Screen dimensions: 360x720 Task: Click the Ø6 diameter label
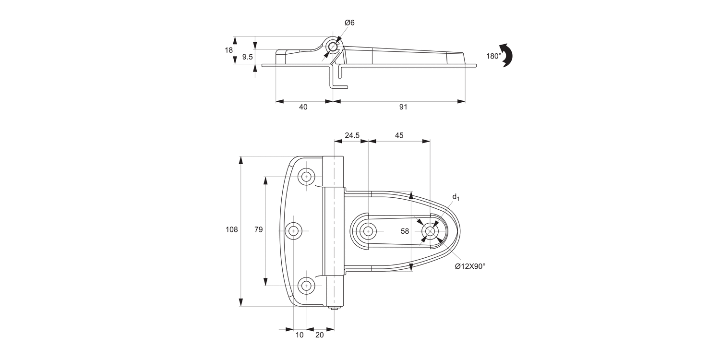(x=349, y=23)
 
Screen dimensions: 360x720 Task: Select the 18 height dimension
(x=229, y=50)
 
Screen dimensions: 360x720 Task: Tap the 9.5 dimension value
(x=247, y=57)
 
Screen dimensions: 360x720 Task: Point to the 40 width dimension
(x=303, y=107)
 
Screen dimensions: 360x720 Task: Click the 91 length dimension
(x=403, y=107)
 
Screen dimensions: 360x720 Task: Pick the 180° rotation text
(x=493, y=56)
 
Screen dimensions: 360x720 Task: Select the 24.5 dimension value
(x=352, y=135)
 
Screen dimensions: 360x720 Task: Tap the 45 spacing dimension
(x=399, y=135)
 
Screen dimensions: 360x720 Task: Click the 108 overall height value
(x=232, y=230)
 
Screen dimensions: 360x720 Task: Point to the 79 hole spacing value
(x=258, y=230)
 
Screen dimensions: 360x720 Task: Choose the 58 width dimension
(x=405, y=231)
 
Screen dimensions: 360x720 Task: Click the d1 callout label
(x=456, y=197)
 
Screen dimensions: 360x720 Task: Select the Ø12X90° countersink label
(x=470, y=266)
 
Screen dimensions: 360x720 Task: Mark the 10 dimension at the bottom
(x=300, y=335)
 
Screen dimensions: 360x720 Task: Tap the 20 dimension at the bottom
(x=320, y=335)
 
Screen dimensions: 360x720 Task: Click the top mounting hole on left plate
(x=306, y=176)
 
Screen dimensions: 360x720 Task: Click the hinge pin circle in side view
(x=332, y=47)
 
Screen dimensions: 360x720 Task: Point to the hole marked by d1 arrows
(x=430, y=231)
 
